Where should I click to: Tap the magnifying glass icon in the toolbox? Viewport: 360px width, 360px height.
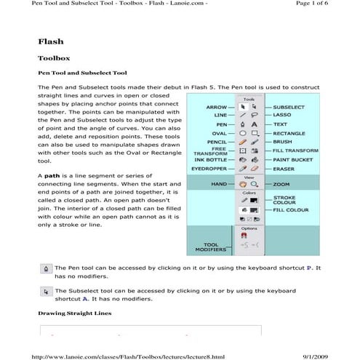pos(255,185)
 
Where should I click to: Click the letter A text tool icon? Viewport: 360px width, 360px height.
pos(255,124)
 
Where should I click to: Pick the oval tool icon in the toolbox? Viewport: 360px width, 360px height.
pos(243,134)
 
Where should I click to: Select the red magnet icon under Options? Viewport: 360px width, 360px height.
pos(244,236)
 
